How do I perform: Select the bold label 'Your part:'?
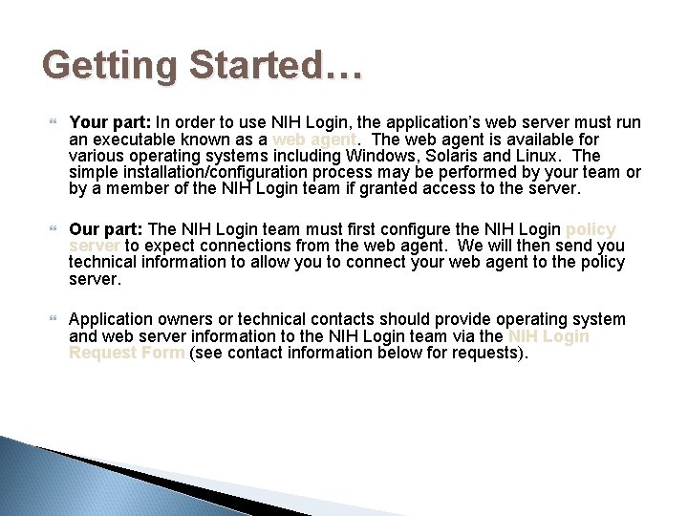pos(110,122)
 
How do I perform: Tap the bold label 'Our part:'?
pos(108,229)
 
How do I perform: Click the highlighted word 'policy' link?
pos(591,229)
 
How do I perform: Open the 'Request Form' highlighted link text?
pos(127,354)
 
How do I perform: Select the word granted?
pos(445,187)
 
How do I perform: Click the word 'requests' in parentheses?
pos(486,354)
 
